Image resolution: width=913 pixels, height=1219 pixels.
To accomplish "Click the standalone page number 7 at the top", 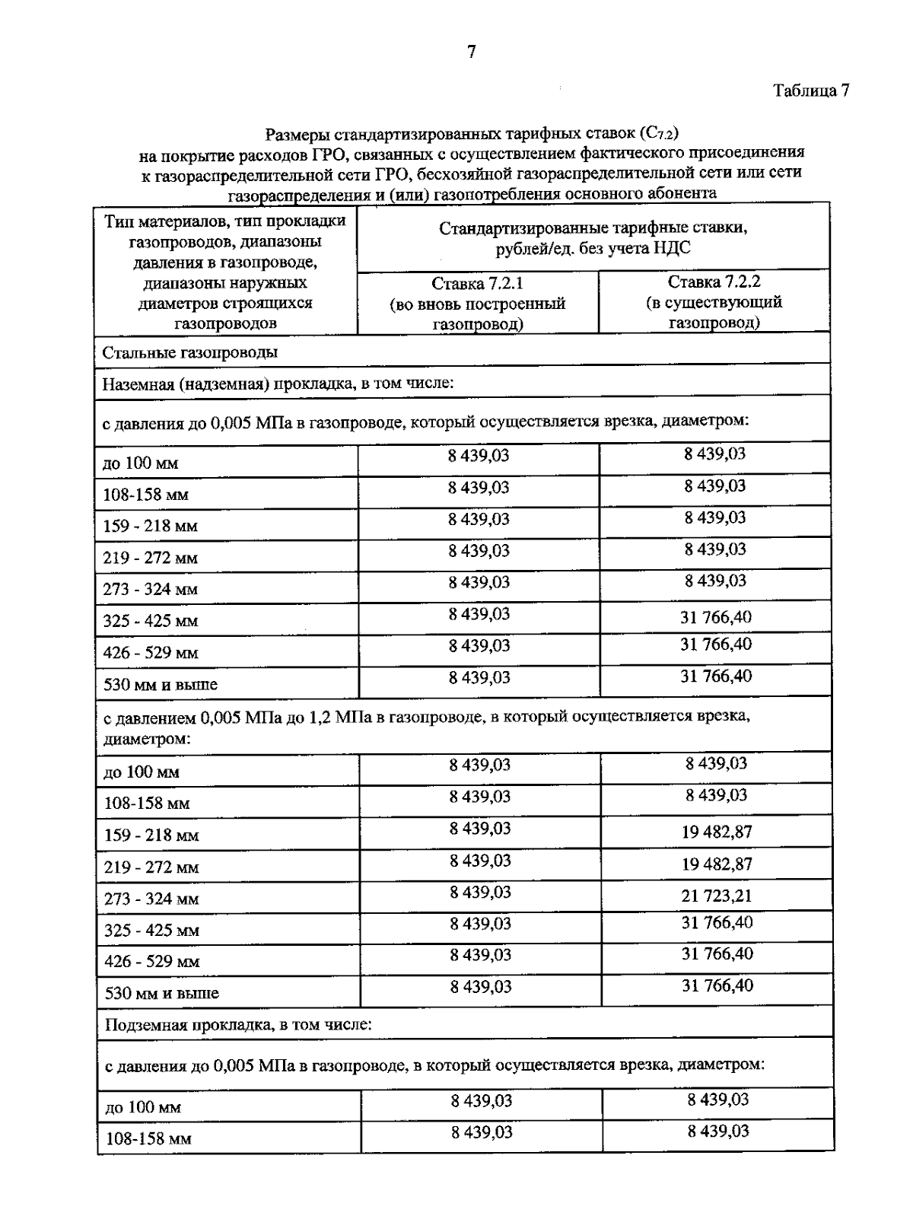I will tap(471, 52).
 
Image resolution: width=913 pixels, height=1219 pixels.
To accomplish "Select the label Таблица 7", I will tap(811, 91).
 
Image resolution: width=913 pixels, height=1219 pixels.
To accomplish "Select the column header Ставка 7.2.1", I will tap(477, 284).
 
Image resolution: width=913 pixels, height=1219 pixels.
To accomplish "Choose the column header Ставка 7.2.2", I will tap(714, 282).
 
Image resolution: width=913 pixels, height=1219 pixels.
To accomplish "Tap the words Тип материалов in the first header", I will tap(152, 221).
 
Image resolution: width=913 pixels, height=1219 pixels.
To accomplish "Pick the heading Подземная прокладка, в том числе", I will tap(237, 1025).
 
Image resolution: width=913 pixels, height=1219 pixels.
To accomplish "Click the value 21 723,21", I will tap(716, 896).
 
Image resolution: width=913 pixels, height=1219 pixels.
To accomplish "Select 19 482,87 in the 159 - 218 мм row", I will tap(716, 832).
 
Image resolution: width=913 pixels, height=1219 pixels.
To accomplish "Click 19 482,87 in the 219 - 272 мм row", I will tap(716, 864).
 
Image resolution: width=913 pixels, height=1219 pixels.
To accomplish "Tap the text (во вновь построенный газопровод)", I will tap(477, 314).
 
